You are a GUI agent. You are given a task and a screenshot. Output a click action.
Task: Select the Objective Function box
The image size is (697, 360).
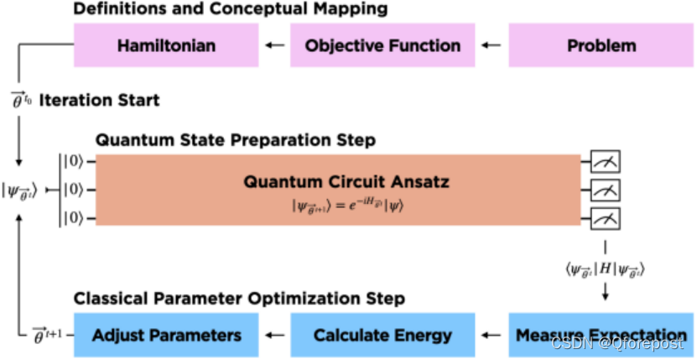[382, 45]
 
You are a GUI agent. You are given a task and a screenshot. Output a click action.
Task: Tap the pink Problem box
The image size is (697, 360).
[601, 45]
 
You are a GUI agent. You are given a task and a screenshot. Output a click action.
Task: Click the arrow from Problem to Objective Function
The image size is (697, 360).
[492, 45]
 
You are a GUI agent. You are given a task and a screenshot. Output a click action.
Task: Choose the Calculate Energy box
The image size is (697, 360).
[382, 335]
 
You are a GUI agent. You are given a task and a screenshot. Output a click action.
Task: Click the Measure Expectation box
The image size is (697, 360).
[601, 335]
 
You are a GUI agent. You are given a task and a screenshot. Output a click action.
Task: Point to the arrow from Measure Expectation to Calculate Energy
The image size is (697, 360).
[492, 335]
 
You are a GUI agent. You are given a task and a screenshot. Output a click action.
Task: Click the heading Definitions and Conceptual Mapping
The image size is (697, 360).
[230, 10]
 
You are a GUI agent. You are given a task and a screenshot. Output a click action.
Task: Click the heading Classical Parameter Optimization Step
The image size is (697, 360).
[240, 299]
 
